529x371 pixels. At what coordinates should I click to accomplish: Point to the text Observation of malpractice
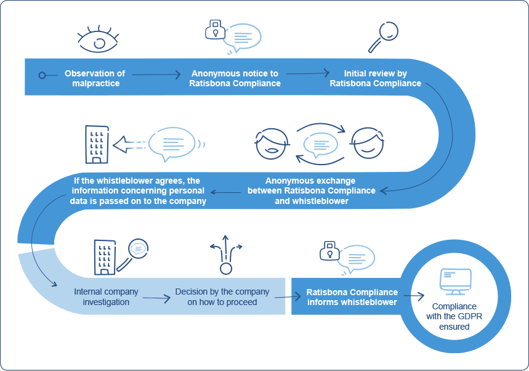(94, 78)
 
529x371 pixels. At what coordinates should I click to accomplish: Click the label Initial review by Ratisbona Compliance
(375, 78)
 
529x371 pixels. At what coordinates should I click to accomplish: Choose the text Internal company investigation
(106, 296)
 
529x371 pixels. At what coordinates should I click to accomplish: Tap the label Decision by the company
(222, 296)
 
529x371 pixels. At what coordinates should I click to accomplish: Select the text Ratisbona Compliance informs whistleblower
(352, 296)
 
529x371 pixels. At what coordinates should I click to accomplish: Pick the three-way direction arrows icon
(226, 253)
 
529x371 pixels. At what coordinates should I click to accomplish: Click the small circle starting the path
(42, 75)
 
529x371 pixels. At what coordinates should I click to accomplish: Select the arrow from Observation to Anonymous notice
(156, 75)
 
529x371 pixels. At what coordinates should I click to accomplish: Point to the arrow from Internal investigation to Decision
(156, 298)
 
